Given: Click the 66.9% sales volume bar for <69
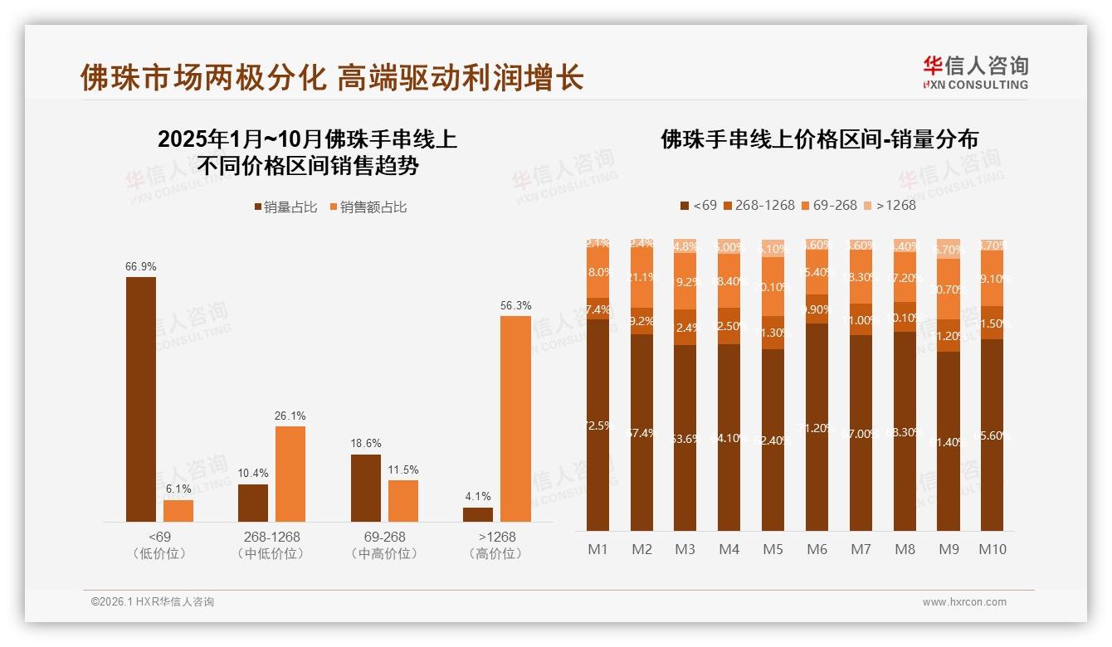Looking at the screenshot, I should click(141, 399).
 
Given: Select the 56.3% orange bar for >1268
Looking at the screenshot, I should click(515, 419).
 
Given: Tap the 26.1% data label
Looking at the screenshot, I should click(290, 416).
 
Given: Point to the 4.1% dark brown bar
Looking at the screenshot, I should click(478, 514).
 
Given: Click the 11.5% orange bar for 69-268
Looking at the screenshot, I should click(403, 501).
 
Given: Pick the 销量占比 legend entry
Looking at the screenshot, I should click(285, 207).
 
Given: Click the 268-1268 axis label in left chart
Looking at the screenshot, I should click(271, 537).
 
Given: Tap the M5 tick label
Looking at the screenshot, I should click(773, 549).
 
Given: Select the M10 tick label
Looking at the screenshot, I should click(992, 549).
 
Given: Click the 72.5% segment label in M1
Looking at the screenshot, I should click(597, 426).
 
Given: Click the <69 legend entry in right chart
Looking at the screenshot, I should click(698, 205).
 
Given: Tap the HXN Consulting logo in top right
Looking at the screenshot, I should click(975, 73).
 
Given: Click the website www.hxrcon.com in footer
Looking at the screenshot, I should click(964, 602).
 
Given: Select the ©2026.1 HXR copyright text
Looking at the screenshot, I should click(152, 602).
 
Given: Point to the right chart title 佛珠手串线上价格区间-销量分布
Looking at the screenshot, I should click(819, 139).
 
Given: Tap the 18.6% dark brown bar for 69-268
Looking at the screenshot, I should click(366, 488).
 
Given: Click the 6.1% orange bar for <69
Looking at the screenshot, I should click(178, 511).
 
